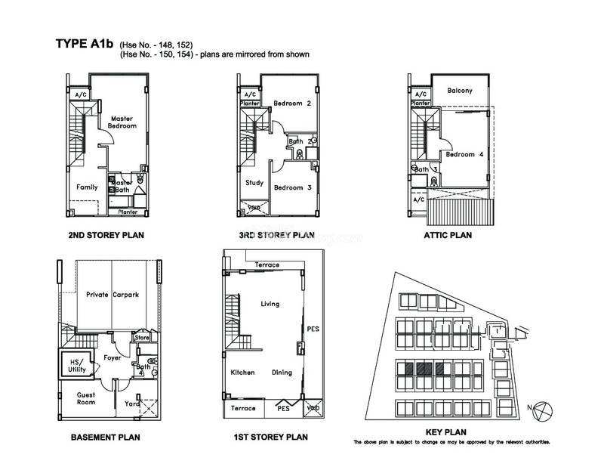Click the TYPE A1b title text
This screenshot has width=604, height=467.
click(x=84, y=43)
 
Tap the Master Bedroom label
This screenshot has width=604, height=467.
click(x=123, y=122)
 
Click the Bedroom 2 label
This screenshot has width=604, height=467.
click(x=292, y=104)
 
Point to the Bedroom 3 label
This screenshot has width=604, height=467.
click(x=292, y=187)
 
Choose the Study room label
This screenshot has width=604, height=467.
click(x=254, y=182)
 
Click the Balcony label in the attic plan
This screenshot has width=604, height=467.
click(x=460, y=91)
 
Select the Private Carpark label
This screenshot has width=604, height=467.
click(x=111, y=294)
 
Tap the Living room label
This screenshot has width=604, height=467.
click(x=270, y=304)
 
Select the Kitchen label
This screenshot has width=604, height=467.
click(x=243, y=373)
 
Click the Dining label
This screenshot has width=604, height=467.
click(x=282, y=373)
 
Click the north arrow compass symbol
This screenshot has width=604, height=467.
click(x=547, y=410)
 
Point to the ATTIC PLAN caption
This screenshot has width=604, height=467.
click(x=448, y=235)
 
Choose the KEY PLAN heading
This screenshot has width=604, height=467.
click(x=451, y=431)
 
